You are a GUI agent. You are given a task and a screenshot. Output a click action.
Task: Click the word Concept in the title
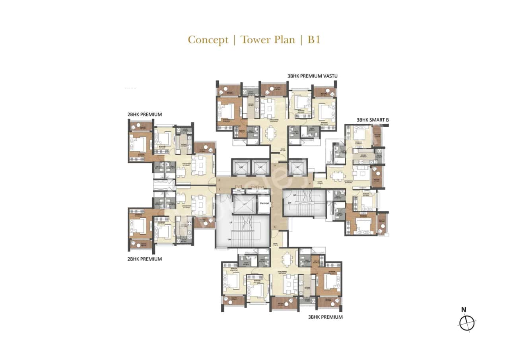click(208, 40)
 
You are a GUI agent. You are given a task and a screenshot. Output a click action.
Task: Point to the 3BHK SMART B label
click(372, 119)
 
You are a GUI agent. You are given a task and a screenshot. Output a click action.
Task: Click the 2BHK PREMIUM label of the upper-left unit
click(144, 115)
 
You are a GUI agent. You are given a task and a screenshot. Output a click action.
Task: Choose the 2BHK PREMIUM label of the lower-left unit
click(144, 259)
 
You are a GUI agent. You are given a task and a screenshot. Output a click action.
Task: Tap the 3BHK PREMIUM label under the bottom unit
click(325, 317)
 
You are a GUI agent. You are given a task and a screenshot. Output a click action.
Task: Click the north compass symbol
click(467, 323)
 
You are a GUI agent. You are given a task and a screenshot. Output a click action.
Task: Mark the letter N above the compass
click(463, 309)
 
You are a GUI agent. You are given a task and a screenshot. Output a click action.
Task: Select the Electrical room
click(264, 204)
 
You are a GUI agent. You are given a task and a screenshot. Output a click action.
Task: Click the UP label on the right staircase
click(295, 195)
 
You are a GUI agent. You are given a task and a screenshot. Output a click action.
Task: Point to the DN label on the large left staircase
click(229, 239)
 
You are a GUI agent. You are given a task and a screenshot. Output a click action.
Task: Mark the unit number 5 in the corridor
click(274, 227)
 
